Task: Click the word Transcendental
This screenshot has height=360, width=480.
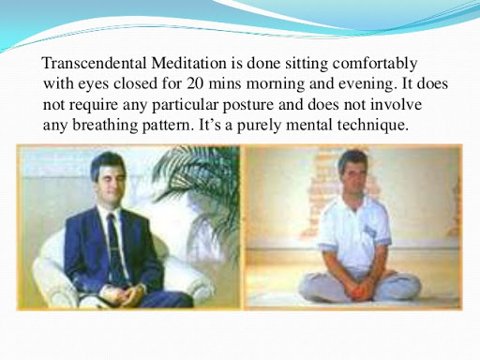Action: [x=94, y=63]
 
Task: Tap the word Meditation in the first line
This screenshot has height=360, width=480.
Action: [x=189, y=63]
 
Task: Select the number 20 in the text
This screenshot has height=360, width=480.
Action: [x=195, y=83]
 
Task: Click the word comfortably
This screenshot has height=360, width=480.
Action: [x=375, y=64]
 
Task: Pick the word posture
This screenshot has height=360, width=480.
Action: [x=248, y=105]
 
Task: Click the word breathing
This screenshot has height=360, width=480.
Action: [x=105, y=126]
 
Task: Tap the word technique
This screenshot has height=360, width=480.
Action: [x=373, y=126]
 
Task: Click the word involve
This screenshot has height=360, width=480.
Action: [x=396, y=104]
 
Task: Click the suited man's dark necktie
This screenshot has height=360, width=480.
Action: [x=114, y=247]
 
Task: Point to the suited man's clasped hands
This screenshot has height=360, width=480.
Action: [x=123, y=294]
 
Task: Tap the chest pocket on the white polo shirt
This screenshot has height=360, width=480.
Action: [x=370, y=232]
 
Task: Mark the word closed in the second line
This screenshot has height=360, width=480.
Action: [x=135, y=83]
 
